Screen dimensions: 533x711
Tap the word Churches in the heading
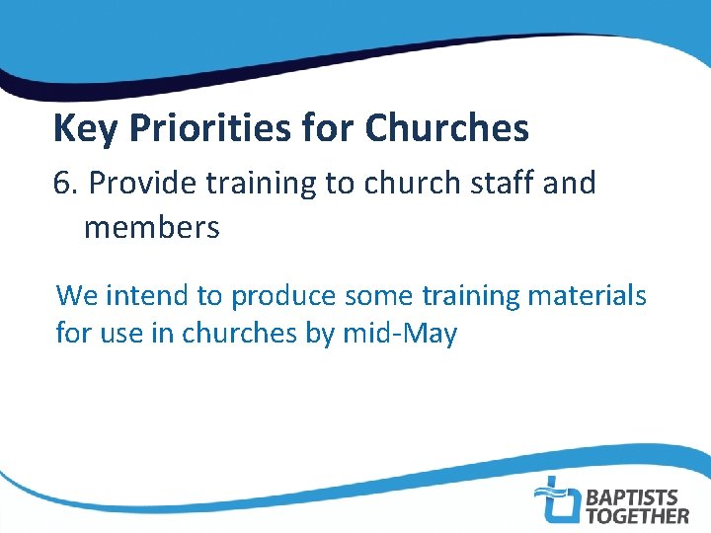coord(446,129)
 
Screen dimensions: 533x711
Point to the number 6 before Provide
coord(61,184)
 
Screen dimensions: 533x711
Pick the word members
coord(151,229)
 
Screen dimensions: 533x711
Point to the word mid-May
coord(399,334)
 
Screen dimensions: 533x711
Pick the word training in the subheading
coord(264,184)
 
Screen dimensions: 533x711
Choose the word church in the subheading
coord(403,184)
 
